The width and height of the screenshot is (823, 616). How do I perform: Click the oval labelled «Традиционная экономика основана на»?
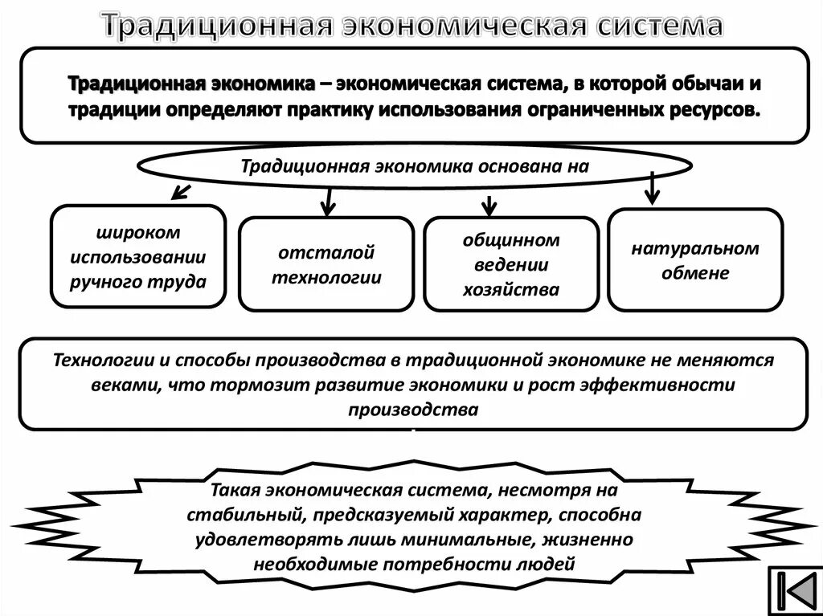[415, 167]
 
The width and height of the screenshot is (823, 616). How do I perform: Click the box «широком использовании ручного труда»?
[138, 256]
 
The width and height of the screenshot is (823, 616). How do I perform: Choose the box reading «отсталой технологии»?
[326, 264]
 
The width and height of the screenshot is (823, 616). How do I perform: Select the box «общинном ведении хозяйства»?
[510, 264]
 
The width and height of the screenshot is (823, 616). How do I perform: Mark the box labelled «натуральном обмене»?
[694, 259]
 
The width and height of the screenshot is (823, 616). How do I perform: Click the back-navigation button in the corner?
[793, 591]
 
